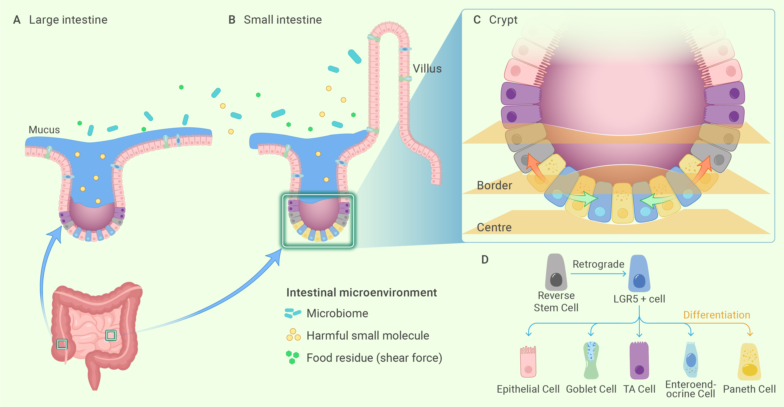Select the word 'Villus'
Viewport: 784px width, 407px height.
pyautogui.click(x=427, y=69)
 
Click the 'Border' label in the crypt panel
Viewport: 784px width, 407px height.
pyautogui.click(x=494, y=185)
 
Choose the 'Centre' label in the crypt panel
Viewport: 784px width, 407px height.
pyautogui.click(x=494, y=227)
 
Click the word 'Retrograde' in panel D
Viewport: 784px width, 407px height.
pyautogui.click(x=598, y=264)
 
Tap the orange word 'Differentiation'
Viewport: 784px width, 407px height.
pyautogui.click(x=716, y=315)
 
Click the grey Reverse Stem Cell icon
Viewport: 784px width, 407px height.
pyautogui.click(x=556, y=272)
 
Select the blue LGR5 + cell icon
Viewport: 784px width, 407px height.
pyautogui.click(x=639, y=273)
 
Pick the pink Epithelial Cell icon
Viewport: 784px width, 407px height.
pyautogui.click(x=528, y=362)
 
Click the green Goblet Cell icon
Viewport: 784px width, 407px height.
pyautogui.click(x=591, y=360)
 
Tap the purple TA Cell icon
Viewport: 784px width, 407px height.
pyautogui.click(x=639, y=360)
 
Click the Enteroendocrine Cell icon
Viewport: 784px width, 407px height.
pyautogui.click(x=691, y=360)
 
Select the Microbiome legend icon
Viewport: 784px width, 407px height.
pyautogui.click(x=293, y=313)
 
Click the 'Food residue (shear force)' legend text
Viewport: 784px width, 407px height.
pyautogui.click(x=374, y=358)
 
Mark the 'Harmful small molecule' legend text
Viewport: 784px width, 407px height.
pyautogui.click(x=368, y=336)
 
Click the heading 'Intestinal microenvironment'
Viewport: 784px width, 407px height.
pyautogui.click(x=361, y=293)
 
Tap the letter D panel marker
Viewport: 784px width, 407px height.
pyautogui.click(x=485, y=260)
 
